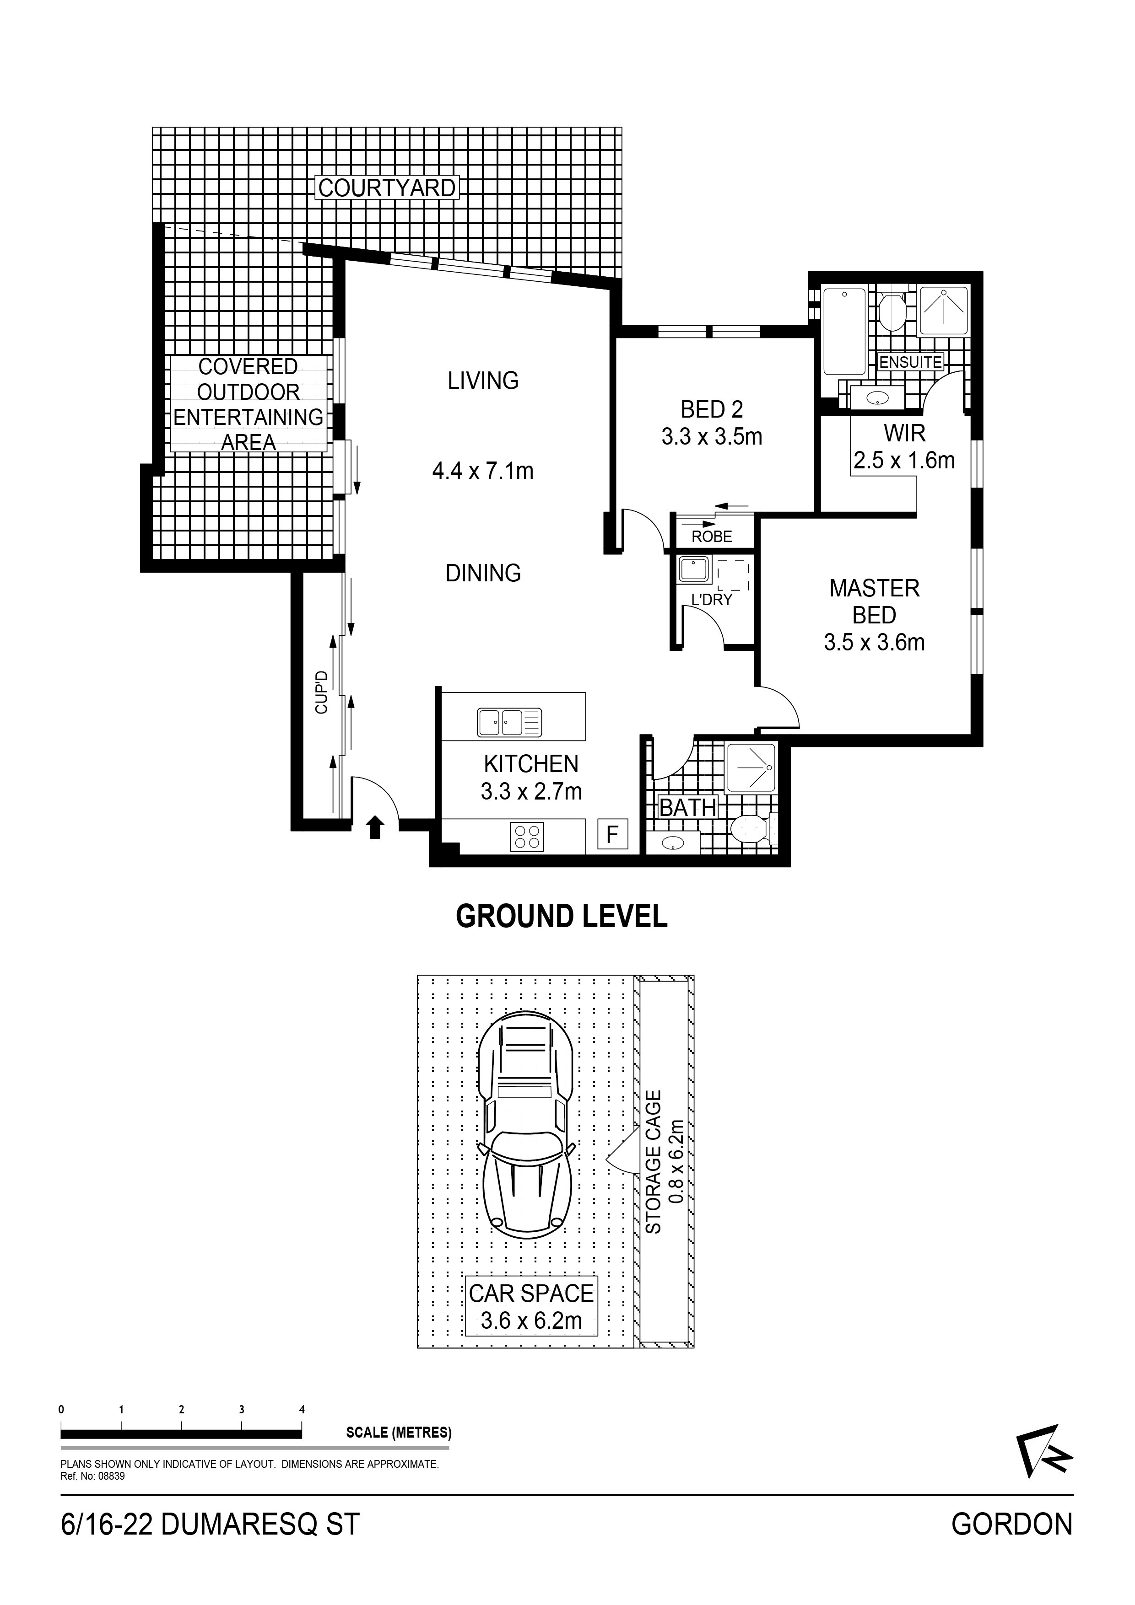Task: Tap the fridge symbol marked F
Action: click(613, 835)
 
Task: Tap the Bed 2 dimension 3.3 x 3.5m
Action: click(712, 437)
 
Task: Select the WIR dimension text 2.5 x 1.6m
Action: click(904, 461)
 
